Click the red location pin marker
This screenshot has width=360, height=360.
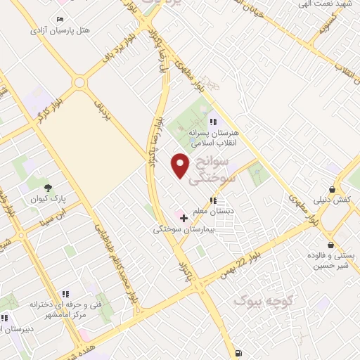pos(181,165)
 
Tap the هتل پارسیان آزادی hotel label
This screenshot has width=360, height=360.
pos(60,30)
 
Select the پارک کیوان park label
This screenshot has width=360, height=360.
pos(48,199)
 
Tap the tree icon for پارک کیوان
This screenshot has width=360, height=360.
pos(48,188)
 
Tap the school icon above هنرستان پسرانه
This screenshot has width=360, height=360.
pos(214,122)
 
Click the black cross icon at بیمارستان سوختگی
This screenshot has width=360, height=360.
pos(184,219)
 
